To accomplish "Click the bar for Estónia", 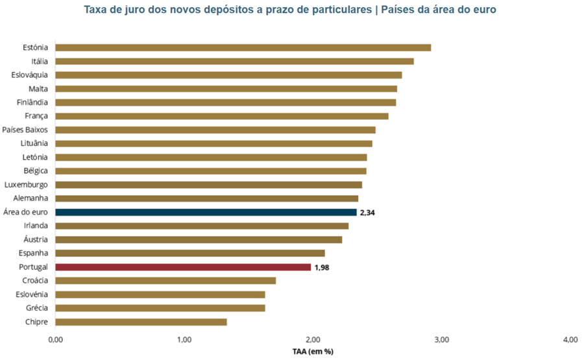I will (243, 47).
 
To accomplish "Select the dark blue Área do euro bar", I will (206, 212).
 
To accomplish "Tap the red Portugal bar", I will (183, 267).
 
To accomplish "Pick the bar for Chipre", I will (141, 322).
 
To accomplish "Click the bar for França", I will (222, 116).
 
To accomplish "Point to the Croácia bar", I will (165, 280).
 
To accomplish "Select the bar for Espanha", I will (190, 253).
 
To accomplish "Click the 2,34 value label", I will (368, 213).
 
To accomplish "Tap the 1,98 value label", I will (322, 267).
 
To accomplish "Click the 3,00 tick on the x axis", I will (441, 340).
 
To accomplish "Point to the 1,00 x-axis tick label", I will (184, 340).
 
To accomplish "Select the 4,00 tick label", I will (570, 340).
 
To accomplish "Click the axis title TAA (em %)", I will (313, 352).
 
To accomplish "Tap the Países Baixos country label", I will (25, 130).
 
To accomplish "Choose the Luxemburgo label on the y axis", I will (26, 185).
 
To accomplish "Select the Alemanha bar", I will (206, 198).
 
